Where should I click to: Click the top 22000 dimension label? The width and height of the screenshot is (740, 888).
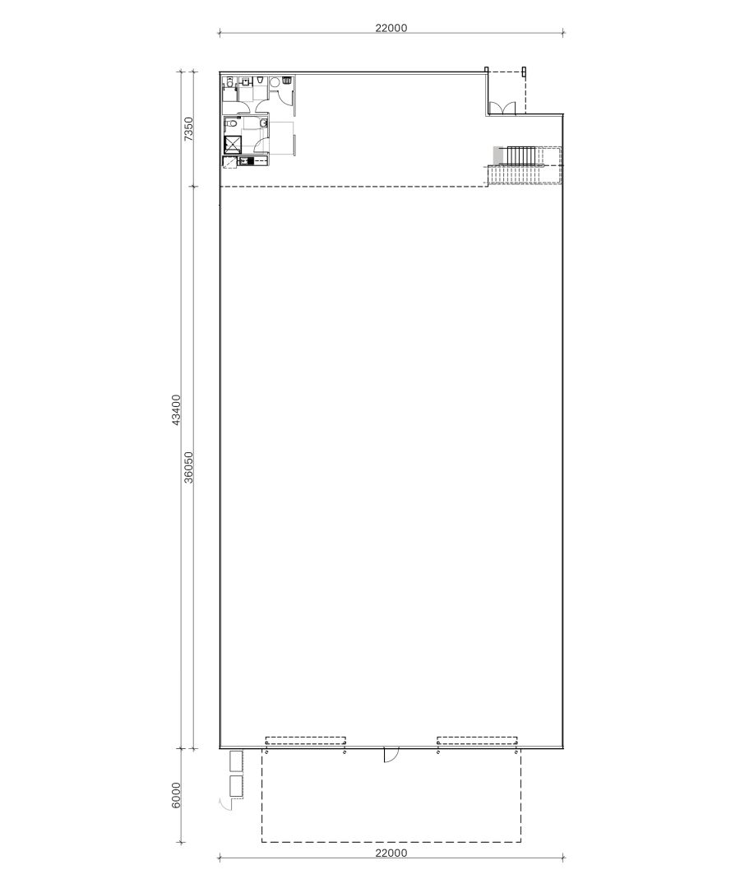391,27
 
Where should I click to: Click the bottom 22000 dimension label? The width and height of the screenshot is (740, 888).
391,853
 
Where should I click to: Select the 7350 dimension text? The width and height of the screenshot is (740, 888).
188,130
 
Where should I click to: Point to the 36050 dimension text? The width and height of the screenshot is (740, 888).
188,467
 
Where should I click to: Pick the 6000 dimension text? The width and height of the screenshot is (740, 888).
176,795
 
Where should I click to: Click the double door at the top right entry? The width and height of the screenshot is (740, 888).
502,108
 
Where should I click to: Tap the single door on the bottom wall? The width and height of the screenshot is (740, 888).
391,755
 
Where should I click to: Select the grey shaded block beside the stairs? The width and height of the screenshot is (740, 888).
497,155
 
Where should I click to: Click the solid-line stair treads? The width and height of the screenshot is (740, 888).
520,155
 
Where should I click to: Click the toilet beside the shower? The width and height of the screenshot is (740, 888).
263,124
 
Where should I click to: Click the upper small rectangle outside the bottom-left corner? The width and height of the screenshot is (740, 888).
237,761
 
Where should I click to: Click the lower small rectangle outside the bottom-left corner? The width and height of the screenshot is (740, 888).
237,785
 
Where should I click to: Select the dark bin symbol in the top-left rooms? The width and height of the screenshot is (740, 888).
286,81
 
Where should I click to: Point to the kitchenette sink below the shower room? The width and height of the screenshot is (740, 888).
243,161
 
